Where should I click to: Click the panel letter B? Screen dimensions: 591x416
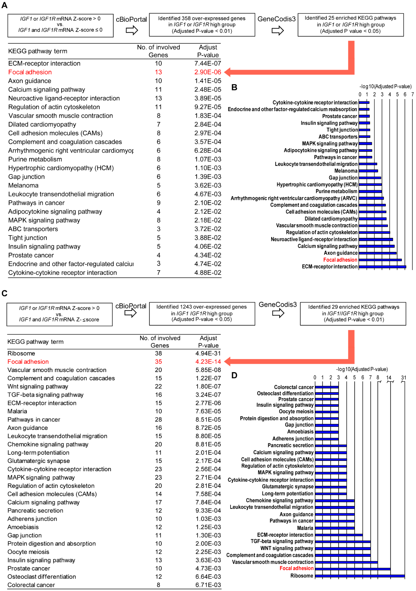point(234,88)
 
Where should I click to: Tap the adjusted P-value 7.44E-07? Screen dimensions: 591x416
point(208,63)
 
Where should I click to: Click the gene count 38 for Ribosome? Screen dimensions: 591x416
point(158,353)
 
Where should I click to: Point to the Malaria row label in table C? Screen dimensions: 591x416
point(17,411)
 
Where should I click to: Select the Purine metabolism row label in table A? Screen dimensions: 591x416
point(35,159)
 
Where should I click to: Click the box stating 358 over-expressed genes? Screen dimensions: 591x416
point(202,25)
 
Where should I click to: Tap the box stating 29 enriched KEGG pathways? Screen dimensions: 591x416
point(353,313)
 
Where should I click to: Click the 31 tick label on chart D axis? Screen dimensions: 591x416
point(403,378)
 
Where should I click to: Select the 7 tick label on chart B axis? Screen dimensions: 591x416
point(412,94)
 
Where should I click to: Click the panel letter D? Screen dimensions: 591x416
point(234,375)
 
